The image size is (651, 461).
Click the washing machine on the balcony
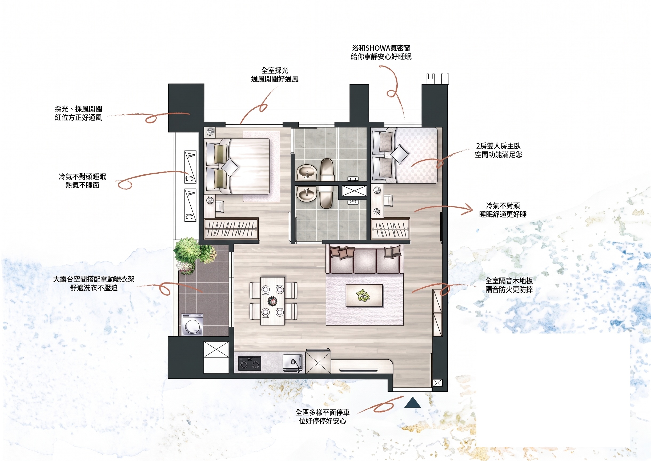[x=192, y=325]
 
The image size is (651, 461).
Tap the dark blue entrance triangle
[x=412, y=403]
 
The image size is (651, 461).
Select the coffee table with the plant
[x=364, y=295]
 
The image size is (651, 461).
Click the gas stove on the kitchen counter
[x=250, y=363]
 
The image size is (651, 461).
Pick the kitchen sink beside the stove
[x=292, y=363]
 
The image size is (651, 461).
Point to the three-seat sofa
[x=364, y=260]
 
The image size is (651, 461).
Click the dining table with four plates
[x=273, y=301]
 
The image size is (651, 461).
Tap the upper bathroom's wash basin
[x=307, y=172]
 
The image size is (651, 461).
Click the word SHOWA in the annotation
[x=377, y=48]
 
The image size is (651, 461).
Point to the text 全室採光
[x=275, y=70]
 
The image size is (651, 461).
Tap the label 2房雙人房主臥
[x=499, y=146]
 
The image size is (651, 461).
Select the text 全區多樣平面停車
[x=323, y=412]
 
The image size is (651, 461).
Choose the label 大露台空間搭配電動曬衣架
[x=94, y=279]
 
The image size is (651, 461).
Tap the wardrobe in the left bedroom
[x=231, y=229]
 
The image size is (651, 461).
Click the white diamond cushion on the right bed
[x=400, y=154]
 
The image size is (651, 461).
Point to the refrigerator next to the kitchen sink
[x=318, y=361]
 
